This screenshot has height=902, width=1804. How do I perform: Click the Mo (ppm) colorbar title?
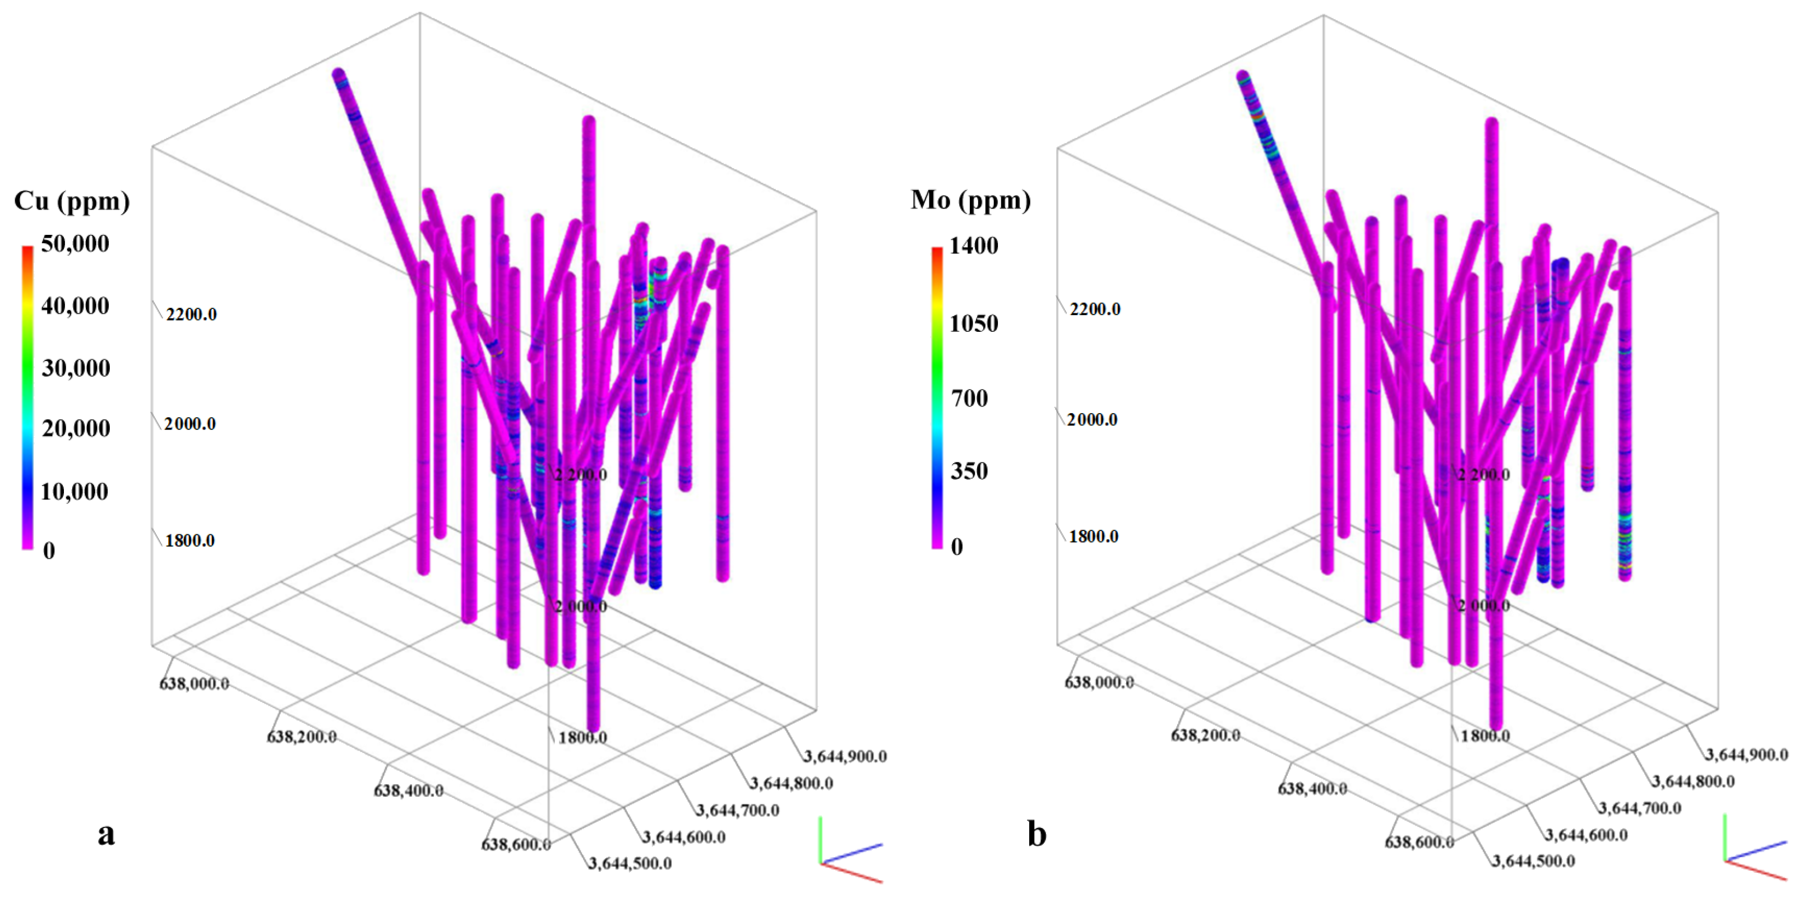[x=970, y=200]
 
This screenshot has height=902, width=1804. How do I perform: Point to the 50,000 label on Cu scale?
[x=75, y=244]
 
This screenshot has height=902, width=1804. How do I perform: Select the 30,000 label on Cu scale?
[x=76, y=368]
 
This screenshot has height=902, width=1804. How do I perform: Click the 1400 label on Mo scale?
[x=973, y=246]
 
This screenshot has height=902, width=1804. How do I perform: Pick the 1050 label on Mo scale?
[x=973, y=323]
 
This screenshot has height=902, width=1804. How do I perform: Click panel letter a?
[x=106, y=834]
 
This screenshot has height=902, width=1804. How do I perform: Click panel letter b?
[x=1037, y=834]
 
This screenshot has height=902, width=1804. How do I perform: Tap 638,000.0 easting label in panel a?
[x=194, y=683]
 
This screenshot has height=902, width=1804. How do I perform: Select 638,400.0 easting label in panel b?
[x=1312, y=789]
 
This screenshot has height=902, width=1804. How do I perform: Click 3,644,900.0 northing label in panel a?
[x=845, y=756]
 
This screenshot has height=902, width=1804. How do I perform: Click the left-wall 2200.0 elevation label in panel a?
[x=191, y=314]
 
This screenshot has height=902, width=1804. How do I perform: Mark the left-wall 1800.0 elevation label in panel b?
[x=1093, y=536]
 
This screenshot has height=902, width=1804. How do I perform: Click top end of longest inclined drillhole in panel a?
[x=338, y=74]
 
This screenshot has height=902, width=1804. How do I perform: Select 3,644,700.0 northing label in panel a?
[x=737, y=810]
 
